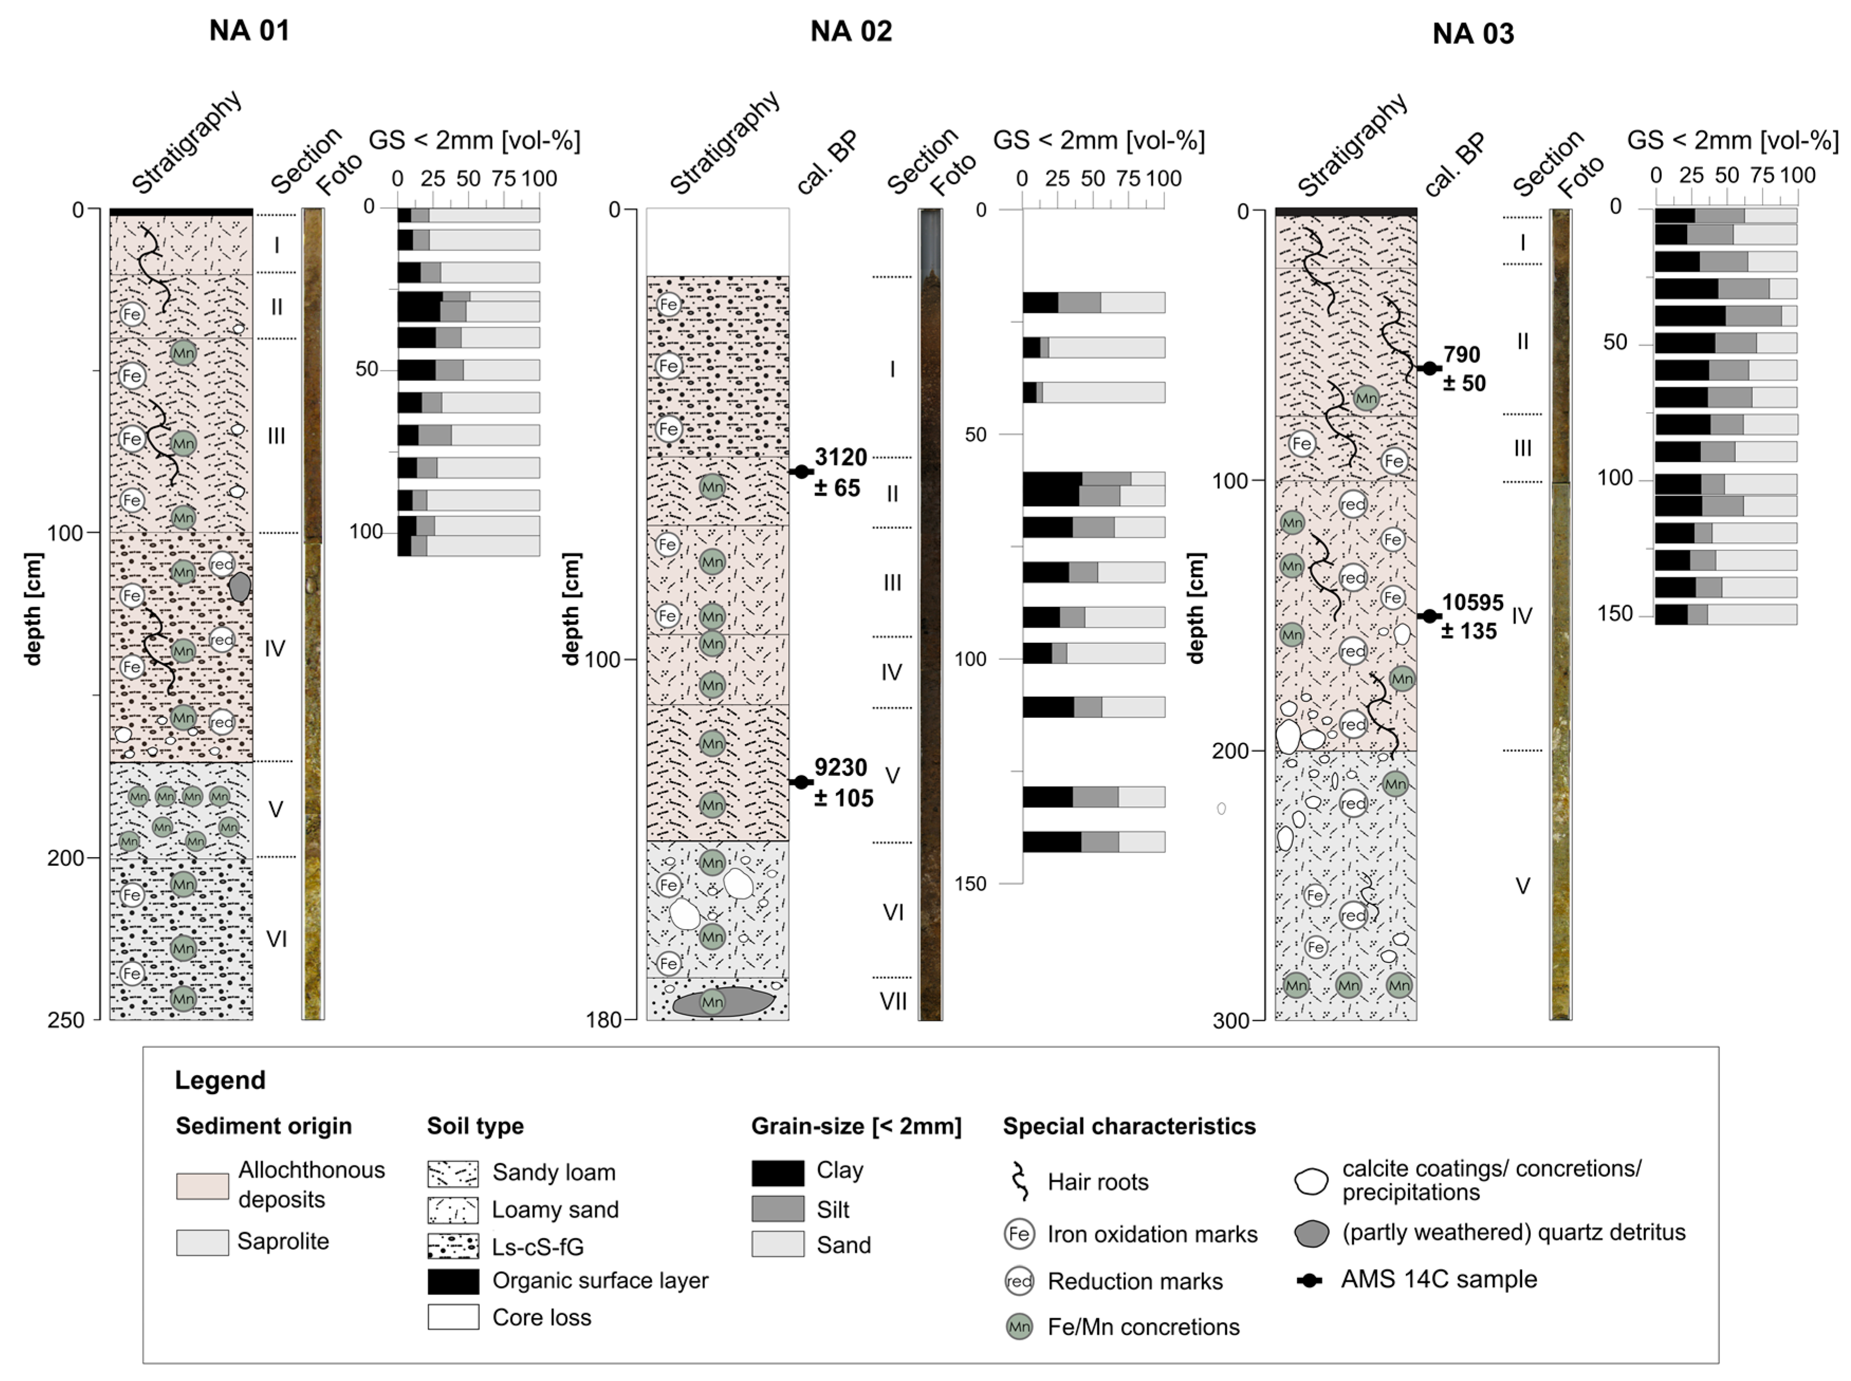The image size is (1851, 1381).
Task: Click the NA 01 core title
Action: pos(249,31)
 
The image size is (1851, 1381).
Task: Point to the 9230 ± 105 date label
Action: pos(843,782)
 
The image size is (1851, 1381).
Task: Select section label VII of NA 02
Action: pos(893,1000)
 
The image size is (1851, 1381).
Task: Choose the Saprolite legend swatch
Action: pos(202,1242)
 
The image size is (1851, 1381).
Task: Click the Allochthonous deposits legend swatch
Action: pos(202,1185)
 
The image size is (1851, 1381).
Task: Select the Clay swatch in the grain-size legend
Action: pos(778,1173)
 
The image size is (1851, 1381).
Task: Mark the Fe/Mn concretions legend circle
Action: pos(1019,1327)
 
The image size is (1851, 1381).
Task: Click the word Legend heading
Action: pos(220,1080)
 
